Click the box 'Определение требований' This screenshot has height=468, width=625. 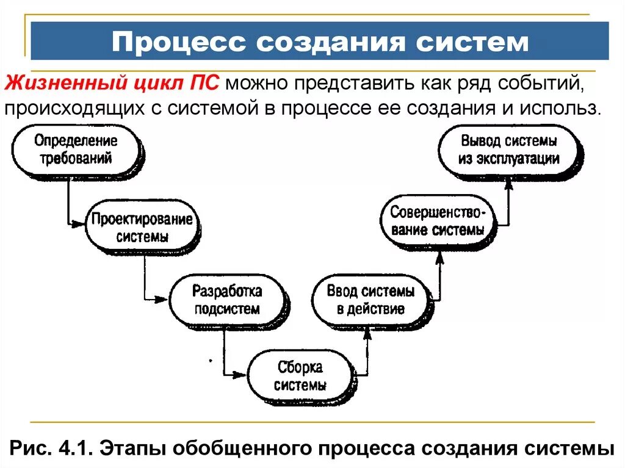click(x=76, y=150)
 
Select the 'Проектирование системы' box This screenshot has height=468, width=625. click(x=142, y=228)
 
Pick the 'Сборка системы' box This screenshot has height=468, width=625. click(x=300, y=376)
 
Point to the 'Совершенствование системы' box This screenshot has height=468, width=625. click(x=438, y=221)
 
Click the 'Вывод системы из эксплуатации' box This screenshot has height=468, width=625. click(x=510, y=150)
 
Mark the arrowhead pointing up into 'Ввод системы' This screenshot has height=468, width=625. click(x=367, y=333)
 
